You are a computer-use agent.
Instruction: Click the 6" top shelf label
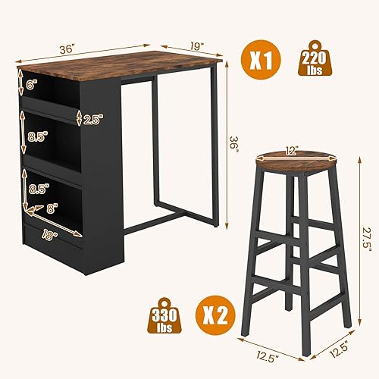(32, 86)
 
